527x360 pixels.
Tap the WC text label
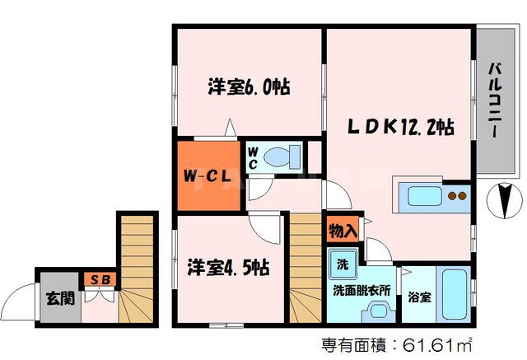pos(253,157)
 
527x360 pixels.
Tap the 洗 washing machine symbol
pos(341,265)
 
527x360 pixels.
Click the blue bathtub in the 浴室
pos(454,295)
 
